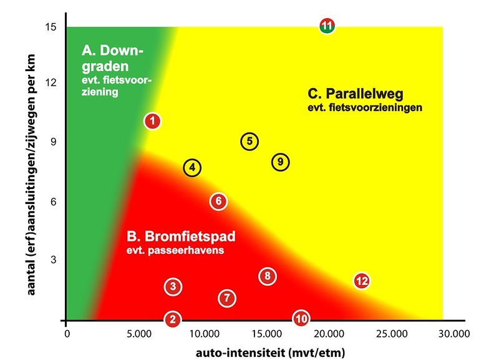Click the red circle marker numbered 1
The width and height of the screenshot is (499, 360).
click(x=153, y=120)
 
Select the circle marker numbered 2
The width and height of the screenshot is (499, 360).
click(x=173, y=319)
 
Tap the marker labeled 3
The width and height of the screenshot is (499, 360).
click(x=173, y=286)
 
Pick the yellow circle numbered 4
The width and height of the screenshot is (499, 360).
click(x=193, y=167)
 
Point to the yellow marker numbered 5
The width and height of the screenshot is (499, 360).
click(x=249, y=142)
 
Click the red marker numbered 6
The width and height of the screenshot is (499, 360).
click(x=218, y=201)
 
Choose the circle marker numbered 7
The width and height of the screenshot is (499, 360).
click(x=227, y=298)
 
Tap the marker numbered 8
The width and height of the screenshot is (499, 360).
click(x=267, y=276)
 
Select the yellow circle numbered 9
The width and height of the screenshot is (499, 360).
click(x=281, y=162)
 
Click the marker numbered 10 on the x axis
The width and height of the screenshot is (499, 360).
click(x=301, y=319)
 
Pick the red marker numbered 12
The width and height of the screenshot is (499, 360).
click(x=362, y=281)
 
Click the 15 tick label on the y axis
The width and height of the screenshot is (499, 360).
click(x=51, y=27)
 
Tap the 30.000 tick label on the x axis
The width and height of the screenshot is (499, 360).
click(x=453, y=333)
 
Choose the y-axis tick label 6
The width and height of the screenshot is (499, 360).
click(x=54, y=201)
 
